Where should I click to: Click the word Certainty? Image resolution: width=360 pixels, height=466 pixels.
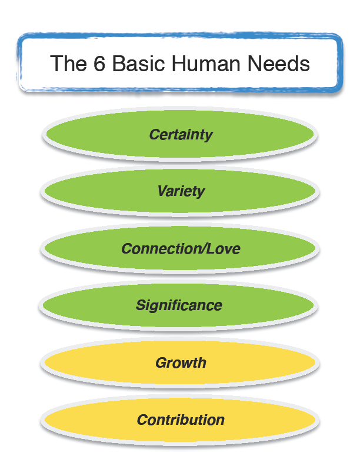tap(181, 135)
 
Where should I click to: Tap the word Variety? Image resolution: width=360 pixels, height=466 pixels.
tap(181, 191)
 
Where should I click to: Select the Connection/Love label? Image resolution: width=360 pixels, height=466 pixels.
tap(181, 249)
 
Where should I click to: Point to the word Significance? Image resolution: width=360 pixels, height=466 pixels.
tap(179, 305)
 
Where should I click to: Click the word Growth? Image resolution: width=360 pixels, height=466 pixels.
tap(181, 362)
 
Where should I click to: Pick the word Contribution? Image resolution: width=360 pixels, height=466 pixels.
tap(181, 420)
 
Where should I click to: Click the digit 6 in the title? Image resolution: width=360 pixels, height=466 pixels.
tap(99, 63)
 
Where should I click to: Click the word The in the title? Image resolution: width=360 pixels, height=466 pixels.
tap(68, 63)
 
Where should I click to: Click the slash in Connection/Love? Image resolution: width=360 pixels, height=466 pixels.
tap(209, 249)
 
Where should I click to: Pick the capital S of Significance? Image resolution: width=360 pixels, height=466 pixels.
tap(141, 305)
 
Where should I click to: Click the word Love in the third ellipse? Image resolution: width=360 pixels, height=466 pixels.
tap(226, 249)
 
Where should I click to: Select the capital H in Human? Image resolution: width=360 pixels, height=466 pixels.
tap(175, 63)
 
